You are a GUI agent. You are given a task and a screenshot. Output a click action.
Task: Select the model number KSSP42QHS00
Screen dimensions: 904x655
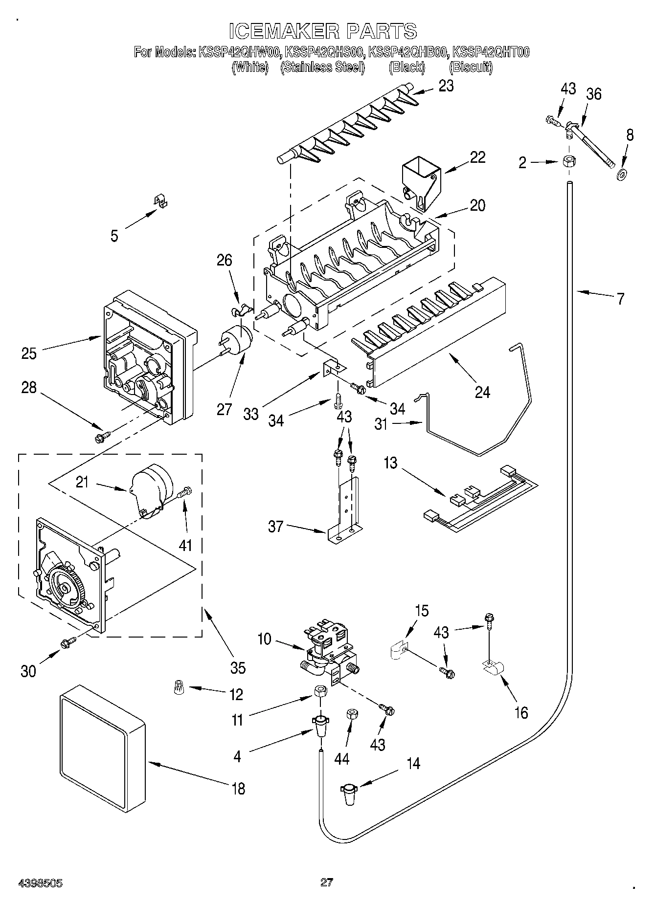pyautogui.click(x=325, y=52)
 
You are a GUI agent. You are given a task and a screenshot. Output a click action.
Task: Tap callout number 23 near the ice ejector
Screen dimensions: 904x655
pyautogui.click(x=446, y=86)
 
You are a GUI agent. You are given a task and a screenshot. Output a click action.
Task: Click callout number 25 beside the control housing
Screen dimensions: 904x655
pyautogui.click(x=29, y=353)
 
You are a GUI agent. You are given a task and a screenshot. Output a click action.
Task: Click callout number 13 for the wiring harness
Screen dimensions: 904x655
pyautogui.click(x=390, y=463)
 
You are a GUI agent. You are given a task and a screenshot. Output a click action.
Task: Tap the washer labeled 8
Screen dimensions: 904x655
pyautogui.click(x=622, y=173)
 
